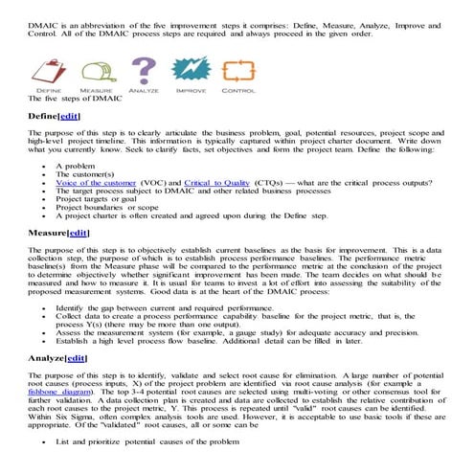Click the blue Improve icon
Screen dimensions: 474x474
click(x=191, y=69)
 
